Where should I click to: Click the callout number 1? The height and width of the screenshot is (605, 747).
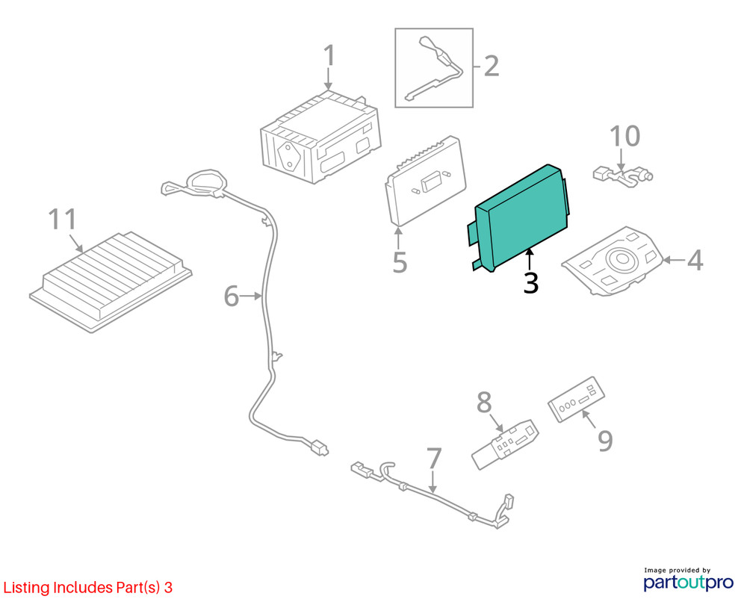point(329,56)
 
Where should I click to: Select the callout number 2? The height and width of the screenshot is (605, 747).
point(492,66)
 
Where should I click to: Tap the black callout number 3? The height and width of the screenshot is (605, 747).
point(530,283)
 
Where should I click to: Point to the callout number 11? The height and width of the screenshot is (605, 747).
point(63,219)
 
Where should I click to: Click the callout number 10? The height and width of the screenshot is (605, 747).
point(625,136)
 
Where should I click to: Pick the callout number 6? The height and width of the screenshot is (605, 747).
point(232,296)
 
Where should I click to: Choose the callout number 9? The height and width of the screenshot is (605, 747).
point(605,441)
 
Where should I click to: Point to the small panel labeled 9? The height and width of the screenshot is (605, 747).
point(576,399)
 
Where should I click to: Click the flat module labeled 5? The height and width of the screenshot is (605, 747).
point(426,181)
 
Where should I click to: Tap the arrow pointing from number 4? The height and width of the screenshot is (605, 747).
point(674,260)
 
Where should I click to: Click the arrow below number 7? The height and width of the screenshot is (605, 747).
point(433,481)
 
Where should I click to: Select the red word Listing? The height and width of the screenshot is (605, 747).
point(27,588)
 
